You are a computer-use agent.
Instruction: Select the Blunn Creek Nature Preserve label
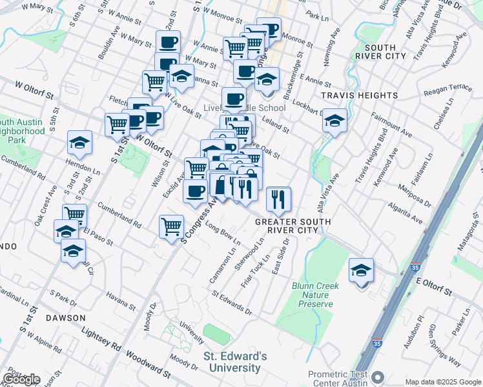pos(312,294)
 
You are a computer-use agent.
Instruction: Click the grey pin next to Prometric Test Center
pos(378,376)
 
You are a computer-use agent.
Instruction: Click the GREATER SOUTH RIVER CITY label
pos(293,226)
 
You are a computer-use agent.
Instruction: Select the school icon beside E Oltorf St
pos(361,270)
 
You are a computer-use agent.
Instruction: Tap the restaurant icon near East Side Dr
pos(278,201)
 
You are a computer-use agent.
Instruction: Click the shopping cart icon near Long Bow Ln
pos(171,226)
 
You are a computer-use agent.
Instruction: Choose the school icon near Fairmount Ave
pos(334,121)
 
